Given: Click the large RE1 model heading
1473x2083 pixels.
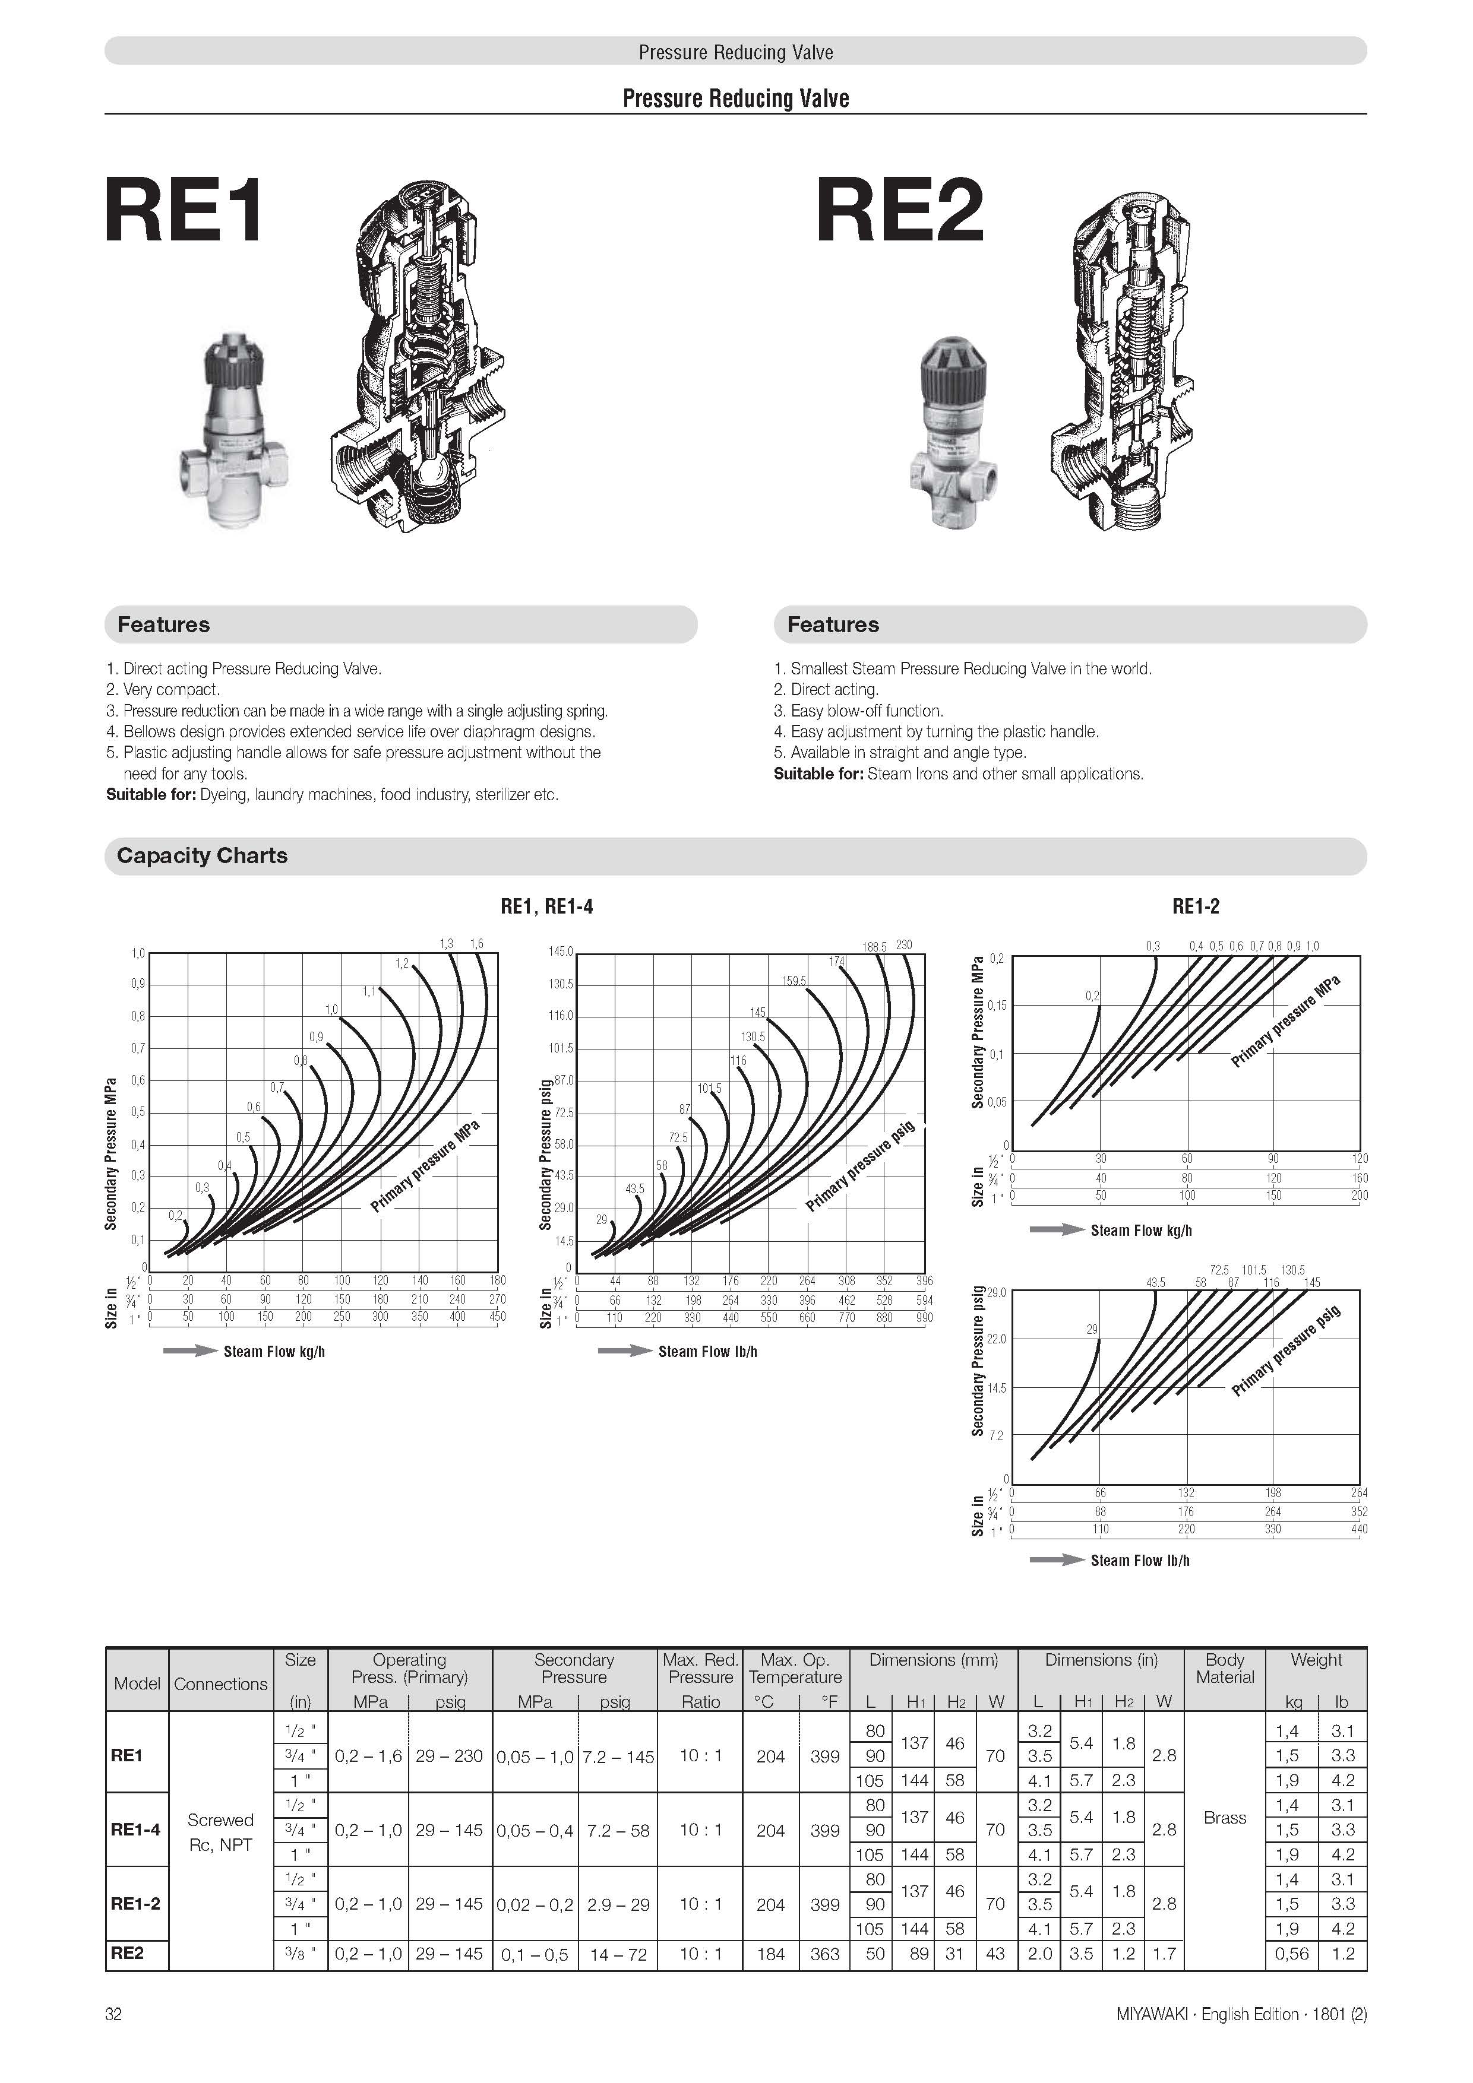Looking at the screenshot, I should pos(184,211).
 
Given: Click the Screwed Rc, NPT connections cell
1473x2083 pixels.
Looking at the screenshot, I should pos(220,1832).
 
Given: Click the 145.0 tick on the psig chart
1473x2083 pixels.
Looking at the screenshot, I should pos(561,952).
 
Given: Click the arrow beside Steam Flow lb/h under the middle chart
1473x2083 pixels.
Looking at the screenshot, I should pos(624,1351).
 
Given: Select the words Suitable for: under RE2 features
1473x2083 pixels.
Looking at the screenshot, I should pos(818,774).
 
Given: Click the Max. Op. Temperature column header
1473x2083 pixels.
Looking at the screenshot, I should pos(795,1667).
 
